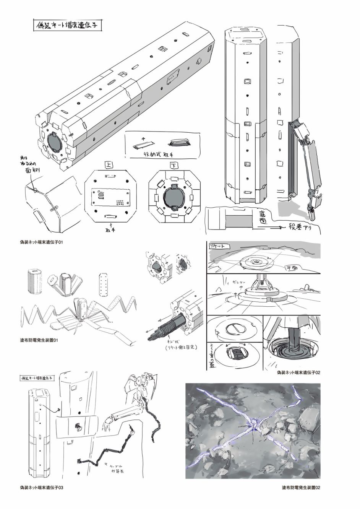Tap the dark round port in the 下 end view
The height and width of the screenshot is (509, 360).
coord(174,197)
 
